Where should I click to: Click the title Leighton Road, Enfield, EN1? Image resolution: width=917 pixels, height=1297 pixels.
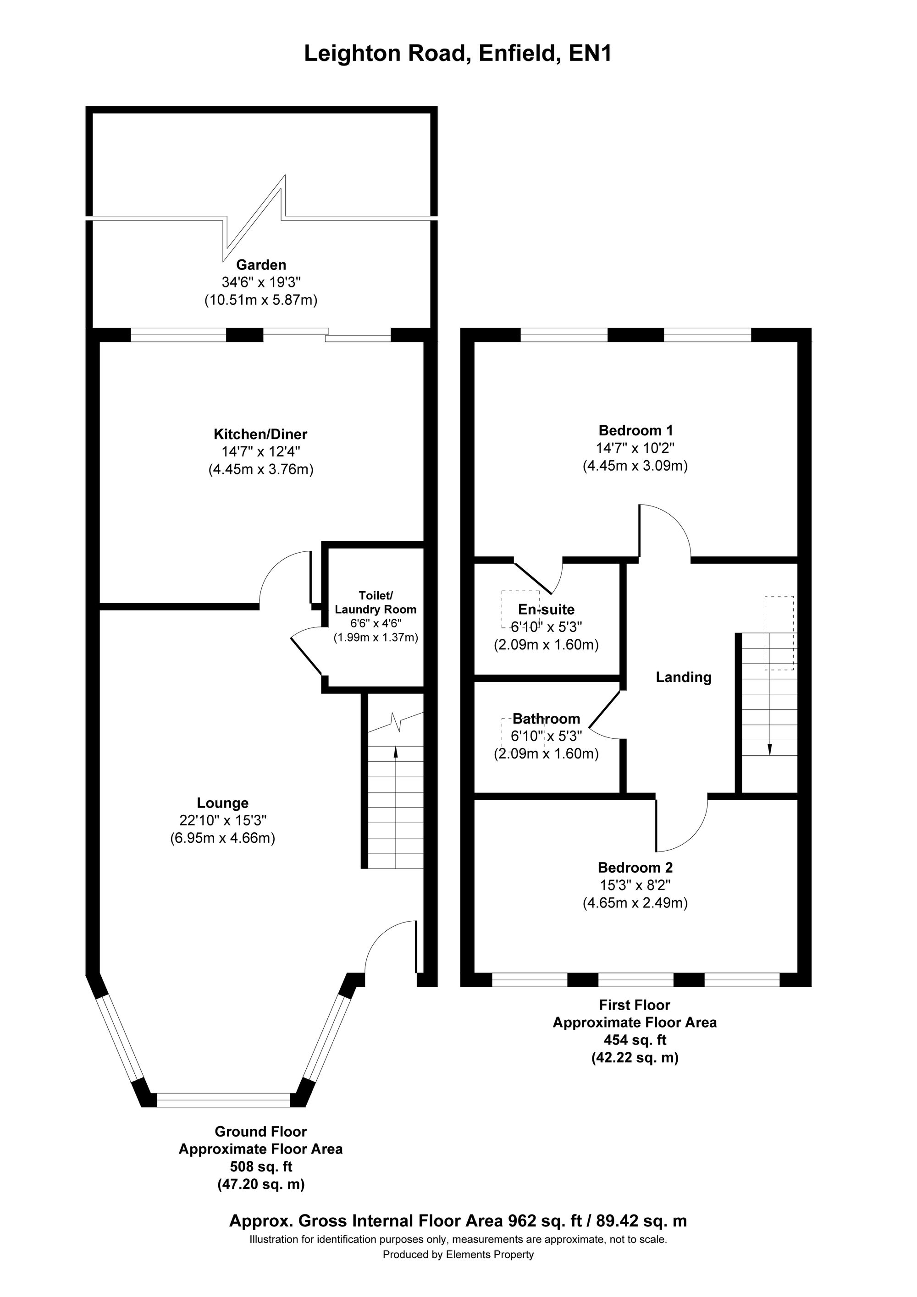pos(458,54)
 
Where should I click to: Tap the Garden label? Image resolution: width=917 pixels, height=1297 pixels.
pos(261,264)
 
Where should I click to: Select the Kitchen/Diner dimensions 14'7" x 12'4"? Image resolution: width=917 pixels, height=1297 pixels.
pos(260,451)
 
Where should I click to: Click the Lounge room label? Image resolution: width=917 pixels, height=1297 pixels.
pos(223,802)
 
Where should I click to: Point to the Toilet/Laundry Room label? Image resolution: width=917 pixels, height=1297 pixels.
pos(376,602)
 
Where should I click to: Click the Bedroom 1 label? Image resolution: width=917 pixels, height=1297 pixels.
pos(635,430)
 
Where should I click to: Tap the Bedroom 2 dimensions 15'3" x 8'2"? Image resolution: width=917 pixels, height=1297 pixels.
pos(635,885)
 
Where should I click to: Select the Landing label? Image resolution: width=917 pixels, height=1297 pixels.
pos(683,677)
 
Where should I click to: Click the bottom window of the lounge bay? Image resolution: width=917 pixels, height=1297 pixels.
pos(223,1100)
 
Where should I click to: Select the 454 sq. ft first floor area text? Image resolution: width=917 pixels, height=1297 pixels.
pos(635,1039)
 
